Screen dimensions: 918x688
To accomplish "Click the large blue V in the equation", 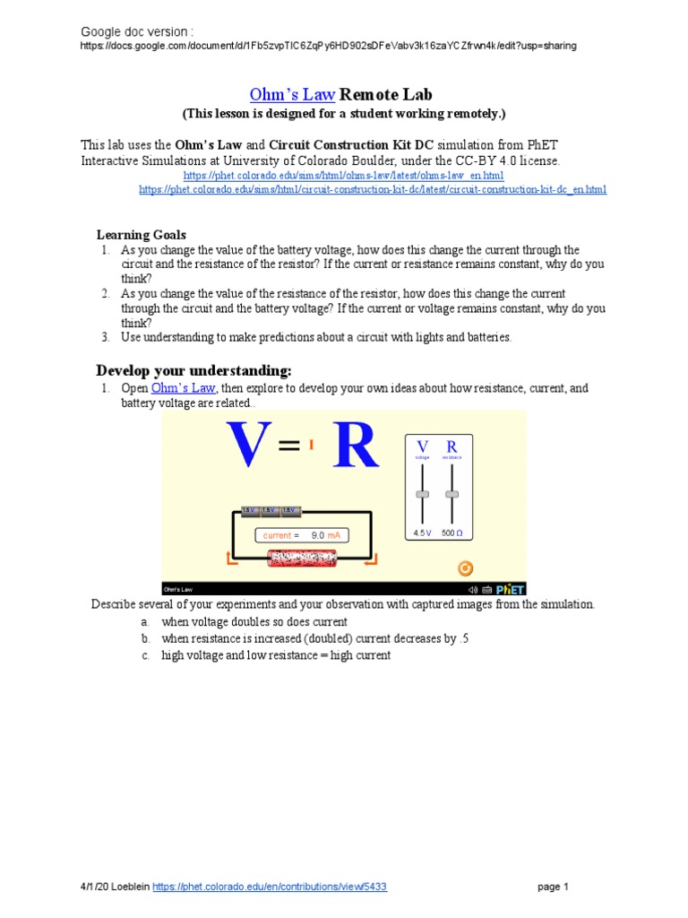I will pos(250,446).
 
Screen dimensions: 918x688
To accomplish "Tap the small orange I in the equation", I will pos(312,443).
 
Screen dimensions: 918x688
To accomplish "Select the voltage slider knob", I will pos(423,494).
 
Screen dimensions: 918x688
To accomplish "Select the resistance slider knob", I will pos(451,494).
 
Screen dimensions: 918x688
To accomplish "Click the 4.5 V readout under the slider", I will pos(423,533).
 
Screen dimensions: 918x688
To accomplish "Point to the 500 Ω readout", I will pos(452,533).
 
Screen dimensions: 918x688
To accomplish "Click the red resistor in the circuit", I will pos(305,559).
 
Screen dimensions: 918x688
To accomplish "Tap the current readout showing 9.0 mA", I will pos(301,535).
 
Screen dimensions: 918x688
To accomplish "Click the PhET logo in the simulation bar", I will pos(511,589).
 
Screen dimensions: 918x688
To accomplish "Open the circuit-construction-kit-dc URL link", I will pos(373,189).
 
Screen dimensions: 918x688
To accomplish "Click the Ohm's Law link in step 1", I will pos(184,388).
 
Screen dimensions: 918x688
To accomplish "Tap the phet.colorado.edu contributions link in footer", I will pos(271,887).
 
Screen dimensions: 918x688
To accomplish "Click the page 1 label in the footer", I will pos(553,887).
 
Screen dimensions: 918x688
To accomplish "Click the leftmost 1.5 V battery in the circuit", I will pos(249,511).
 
